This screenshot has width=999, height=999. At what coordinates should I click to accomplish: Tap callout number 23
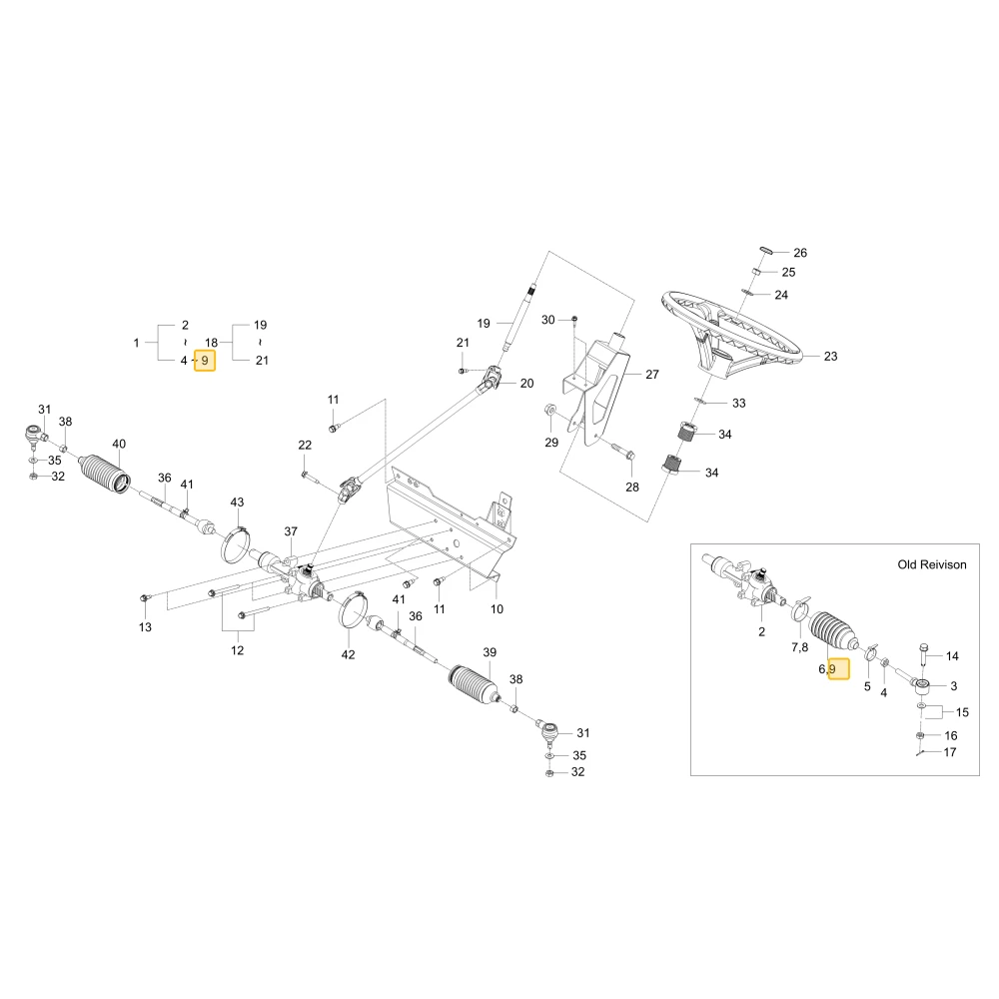pos(830,357)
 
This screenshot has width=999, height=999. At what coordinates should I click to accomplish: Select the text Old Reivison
pos(931,564)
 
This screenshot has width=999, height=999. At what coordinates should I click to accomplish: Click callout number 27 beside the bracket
pos(651,375)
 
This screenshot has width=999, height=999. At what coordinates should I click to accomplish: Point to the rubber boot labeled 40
pos(107,474)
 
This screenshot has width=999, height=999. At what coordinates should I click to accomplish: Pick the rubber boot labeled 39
pos(475,685)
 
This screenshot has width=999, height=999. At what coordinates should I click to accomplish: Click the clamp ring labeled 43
pos(235,545)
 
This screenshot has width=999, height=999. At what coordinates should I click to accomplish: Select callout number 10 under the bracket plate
pos(497,609)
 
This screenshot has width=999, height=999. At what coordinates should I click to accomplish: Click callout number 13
pos(145,627)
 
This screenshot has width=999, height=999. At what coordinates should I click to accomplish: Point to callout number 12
pos(237,650)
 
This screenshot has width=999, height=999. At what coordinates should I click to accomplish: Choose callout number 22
pos(305,445)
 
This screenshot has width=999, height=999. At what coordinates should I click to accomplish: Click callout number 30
pos(547,320)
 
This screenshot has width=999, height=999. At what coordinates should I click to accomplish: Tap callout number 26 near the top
pos(800,253)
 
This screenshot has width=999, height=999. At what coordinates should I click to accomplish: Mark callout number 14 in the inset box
pos(952,656)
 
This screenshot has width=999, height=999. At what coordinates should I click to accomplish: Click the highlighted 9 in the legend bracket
pos(205,361)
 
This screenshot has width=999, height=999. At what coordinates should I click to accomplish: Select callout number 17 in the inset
pos(949,752)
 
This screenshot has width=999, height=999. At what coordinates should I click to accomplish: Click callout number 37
pos(291,531)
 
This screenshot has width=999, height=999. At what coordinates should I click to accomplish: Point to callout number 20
pos(526,384)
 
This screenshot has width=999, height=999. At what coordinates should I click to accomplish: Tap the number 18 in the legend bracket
pos(211,343)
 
